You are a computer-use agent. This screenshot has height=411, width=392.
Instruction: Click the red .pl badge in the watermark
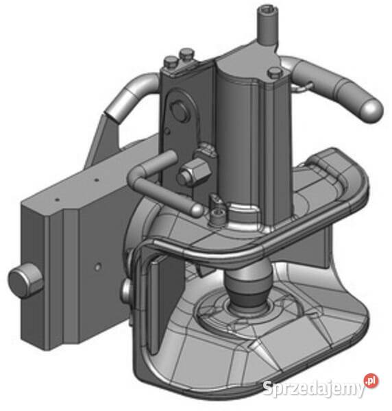tap(371, 382)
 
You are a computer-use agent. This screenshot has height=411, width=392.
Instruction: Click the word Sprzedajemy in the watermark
tap(313, 388)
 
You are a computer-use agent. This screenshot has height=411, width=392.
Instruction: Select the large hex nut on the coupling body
tap(193, 172)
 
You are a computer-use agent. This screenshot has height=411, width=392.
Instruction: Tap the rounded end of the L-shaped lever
tap(196, 210)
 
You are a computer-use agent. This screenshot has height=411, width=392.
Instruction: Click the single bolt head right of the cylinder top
tap(275, 73)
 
